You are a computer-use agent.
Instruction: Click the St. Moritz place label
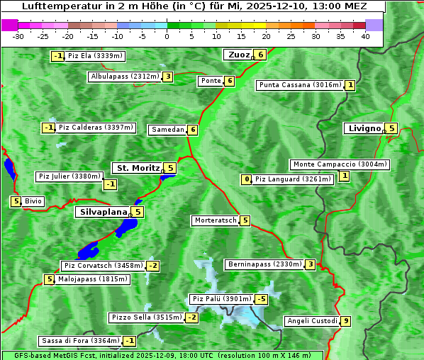coord(137,168)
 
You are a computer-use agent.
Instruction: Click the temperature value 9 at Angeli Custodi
coord(345,321)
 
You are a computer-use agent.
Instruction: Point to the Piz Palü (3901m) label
coord(221,299)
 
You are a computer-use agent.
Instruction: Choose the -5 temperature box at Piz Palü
coord(262,299)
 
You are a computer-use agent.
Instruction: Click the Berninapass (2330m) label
coord(264,264)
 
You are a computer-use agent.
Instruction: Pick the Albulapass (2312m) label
coord(125,77)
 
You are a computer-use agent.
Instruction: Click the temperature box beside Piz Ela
coord(58,56)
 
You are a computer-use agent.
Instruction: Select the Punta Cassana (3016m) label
coord(300,85)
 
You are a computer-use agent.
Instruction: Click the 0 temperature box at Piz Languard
coord(247,179)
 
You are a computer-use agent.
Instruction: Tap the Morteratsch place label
coord(215,220)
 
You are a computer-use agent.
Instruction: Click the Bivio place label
coord(33,201)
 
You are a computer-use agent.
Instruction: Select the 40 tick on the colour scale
coord(365,36)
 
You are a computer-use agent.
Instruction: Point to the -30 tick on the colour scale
coord(18,36)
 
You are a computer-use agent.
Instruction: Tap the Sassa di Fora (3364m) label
coord(79,341)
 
